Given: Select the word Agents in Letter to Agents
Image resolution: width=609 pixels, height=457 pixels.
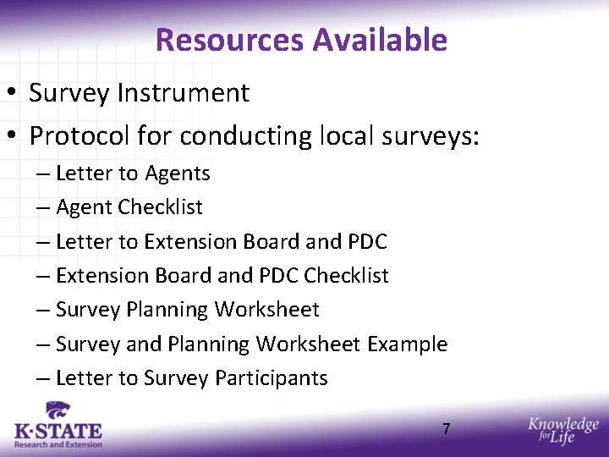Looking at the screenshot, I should point(178,173).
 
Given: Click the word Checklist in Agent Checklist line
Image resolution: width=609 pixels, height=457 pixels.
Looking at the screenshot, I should point(161,207).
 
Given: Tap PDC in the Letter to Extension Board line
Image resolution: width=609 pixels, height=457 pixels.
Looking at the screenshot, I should point(367,241).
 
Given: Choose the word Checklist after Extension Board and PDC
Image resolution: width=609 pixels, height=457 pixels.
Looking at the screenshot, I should point(346,276).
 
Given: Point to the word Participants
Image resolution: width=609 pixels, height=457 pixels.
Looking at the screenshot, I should point(271,378).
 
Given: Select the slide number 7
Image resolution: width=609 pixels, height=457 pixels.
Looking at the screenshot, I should point(446,429).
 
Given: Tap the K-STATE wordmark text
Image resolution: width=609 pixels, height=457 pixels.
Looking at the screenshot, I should point(58,432).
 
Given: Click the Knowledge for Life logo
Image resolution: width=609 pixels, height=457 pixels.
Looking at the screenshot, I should point(562,431).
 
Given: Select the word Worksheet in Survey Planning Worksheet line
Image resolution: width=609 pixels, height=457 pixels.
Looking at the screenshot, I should point(266,310).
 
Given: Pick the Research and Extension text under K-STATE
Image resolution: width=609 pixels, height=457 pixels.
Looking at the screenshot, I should point(58,444).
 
